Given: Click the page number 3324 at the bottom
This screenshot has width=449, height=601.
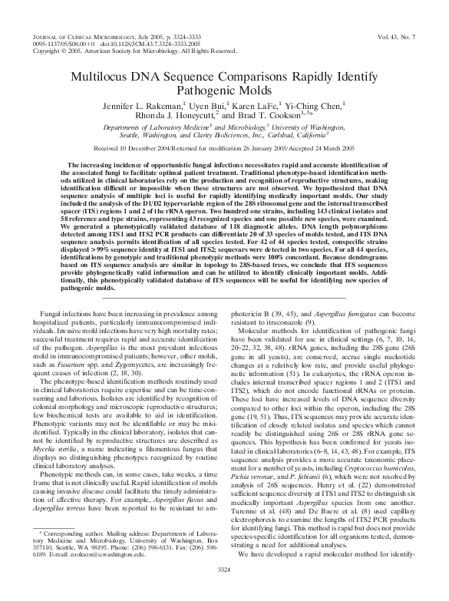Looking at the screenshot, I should pyautogui.click(x=224, y=589).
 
